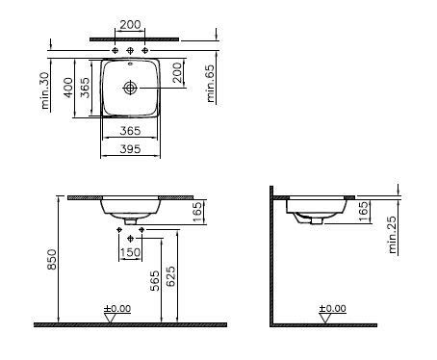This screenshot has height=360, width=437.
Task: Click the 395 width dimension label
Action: pos(130,149)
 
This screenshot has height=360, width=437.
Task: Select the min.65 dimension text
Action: pos(211,84)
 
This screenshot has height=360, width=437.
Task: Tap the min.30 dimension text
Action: pos(45,90)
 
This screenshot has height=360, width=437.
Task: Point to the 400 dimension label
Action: pos(68,88)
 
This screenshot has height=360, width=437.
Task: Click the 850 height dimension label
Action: pos(52,260)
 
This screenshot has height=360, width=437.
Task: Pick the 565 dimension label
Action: pos(155,281)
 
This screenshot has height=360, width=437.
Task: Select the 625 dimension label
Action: pos(171,276)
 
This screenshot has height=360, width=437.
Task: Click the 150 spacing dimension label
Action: pos(130,253)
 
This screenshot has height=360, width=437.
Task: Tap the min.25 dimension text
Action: pos(393,235)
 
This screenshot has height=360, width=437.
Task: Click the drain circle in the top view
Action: pos(130,88)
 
